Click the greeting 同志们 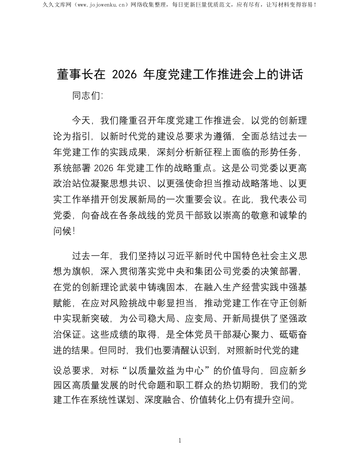point(86,96)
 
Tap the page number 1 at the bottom point(180,440)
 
